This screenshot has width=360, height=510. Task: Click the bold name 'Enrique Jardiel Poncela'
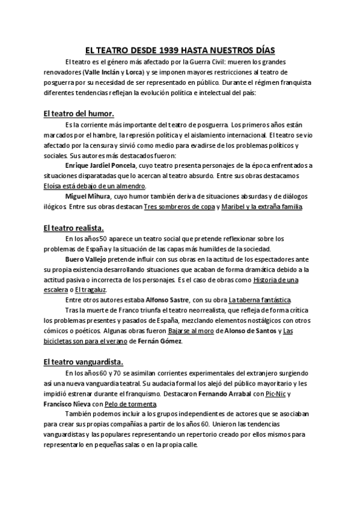coord(105,165)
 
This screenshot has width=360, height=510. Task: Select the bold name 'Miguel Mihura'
coord(88,197)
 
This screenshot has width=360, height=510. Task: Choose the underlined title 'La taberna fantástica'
coord(259,300)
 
